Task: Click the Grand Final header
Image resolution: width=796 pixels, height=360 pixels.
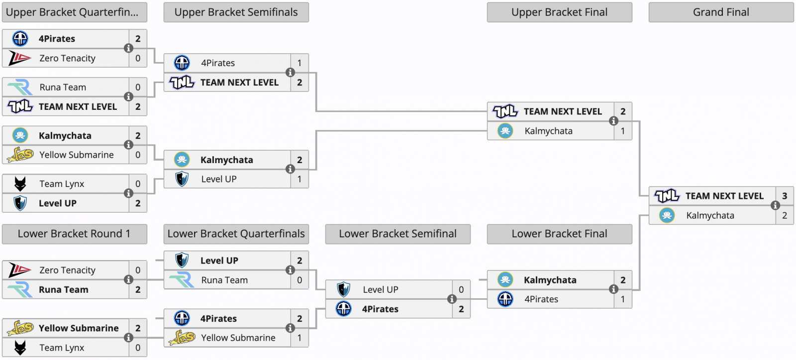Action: (721, 12)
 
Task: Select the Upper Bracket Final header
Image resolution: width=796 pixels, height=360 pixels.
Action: (559, 12)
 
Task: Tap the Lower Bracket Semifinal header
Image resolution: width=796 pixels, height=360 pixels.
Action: (398, 234)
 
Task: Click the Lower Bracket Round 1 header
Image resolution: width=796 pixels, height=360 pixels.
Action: (74, 234)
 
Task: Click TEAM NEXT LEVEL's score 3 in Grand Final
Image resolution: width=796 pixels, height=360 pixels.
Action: (785, 196)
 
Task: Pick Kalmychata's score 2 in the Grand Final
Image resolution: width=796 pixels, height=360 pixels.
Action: (785, 215)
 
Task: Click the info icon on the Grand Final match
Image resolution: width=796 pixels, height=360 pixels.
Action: (775, 205)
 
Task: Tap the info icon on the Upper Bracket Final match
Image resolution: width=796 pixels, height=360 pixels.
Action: (613, 121)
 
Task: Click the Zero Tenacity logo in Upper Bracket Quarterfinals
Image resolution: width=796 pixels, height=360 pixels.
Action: (20, 58)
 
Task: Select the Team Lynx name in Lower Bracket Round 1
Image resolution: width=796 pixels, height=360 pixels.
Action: (62, 348)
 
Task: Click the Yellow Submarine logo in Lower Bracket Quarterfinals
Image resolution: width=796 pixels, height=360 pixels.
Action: (182, 338)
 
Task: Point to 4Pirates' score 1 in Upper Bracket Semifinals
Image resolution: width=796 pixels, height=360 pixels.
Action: (299, 63)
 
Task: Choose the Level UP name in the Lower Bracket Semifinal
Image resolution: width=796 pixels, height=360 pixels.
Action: (380, 290)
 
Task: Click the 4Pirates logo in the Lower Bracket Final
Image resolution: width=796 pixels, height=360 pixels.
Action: (505, 299)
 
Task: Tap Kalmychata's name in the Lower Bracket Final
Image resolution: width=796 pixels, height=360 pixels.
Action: (550, 280)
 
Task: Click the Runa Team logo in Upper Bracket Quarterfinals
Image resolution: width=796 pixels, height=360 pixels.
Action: (20, 88)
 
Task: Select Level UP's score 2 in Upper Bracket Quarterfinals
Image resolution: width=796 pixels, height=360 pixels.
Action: (138, 203)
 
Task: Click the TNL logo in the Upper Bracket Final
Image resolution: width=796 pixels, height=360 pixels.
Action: (505, 111)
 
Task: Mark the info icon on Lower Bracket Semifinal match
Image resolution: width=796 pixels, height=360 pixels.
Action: (452, 299)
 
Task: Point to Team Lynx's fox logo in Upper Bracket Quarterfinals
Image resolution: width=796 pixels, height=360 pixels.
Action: (20, 184)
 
